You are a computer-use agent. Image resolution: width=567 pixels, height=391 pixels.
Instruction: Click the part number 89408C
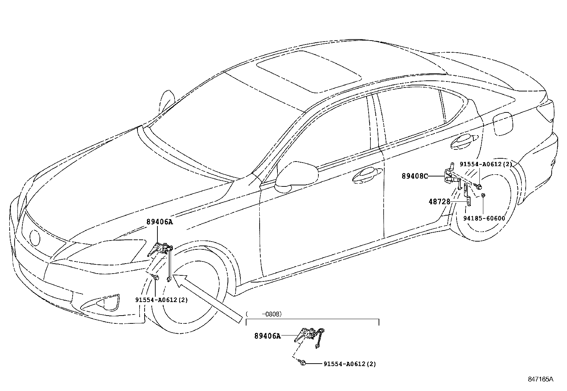pos(415,176)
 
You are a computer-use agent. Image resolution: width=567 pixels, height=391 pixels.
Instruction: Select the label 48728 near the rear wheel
pos(439,202)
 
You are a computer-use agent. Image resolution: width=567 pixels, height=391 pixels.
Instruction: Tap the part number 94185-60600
pos(484,218)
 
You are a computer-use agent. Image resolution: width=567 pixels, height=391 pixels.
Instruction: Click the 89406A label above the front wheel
pos(159,222)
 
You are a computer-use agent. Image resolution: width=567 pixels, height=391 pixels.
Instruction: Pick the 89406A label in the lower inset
pos(267,336)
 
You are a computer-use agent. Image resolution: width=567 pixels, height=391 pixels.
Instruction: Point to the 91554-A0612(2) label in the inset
pos(349,364)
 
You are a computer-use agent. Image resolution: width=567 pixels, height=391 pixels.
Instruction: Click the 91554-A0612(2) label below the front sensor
pos(161,300)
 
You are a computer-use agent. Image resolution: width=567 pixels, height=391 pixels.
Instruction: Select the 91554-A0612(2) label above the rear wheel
pos(485,164)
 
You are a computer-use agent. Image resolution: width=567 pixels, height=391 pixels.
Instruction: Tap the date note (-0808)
pos(264,314)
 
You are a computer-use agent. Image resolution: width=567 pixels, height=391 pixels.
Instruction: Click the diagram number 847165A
pos(541,379)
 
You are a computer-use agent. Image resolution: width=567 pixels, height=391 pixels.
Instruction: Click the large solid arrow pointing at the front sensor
pos(207,297)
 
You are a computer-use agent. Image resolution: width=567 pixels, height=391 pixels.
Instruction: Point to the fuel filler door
pos(503,123)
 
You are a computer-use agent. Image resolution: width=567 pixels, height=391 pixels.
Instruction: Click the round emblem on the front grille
pos(35,237)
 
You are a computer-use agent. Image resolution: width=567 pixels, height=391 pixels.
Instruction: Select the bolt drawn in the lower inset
pos(303,363)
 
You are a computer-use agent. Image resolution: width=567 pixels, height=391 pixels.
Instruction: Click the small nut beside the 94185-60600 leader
pos(483,195)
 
